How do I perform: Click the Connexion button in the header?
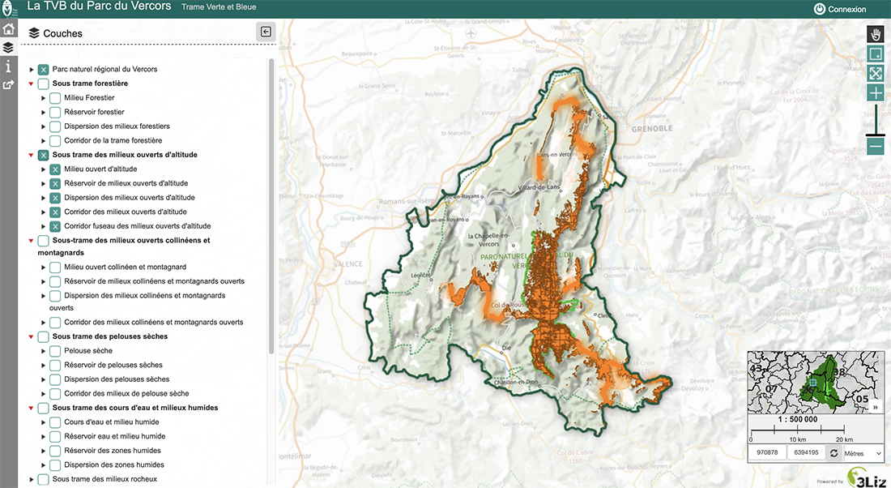pyautogui.click(x=840, y=10)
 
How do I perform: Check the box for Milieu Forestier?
pyautogui.click(x=55, y=98)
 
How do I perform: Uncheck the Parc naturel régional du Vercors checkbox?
pyautogui.click(x=44, y=70)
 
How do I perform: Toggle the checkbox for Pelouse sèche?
pyautogui.click(x=55, y=351)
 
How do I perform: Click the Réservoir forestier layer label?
pyautogui.click(x=94, y=112)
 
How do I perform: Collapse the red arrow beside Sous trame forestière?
pyautogui.click(x=32, y=83)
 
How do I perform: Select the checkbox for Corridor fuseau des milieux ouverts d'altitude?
pyautogui.click(x=55, y=226)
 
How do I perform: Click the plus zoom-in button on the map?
pyautogui.click(x=876, y=93)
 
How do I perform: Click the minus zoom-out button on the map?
pyautogui.click(x=876, y=147)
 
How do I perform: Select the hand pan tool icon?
pyautogui.click(x=876, y=34)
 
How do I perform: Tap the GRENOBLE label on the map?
pyautogui.click(x=652, y=128)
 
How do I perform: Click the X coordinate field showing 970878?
pyautogui.click(x=767, y=452)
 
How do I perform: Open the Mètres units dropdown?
pyautogui.click(x=862, y=452)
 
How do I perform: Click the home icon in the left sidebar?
pyautogui.click(x=8, y=29)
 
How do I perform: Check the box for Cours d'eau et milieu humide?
pyautogui.click(x=55, y=422)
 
